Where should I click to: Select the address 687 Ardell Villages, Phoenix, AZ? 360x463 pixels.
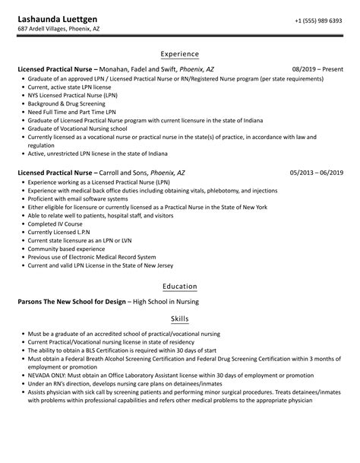tap(70, 29)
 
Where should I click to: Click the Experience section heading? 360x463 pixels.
tap(180, 54)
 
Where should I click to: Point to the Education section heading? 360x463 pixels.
tap(180, 286)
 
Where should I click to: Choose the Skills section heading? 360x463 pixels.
tap(180, 321)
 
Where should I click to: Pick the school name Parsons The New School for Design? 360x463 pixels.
tap(70, 301)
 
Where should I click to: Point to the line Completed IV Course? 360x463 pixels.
tap(54, 224)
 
